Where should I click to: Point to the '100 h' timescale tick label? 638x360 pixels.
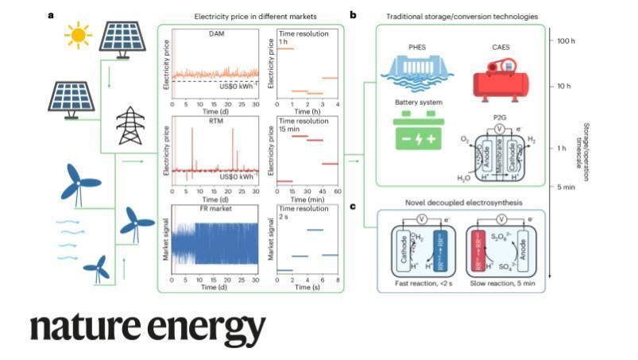pos(564,39)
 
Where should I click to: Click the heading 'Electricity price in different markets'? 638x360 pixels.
pos(250,16)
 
